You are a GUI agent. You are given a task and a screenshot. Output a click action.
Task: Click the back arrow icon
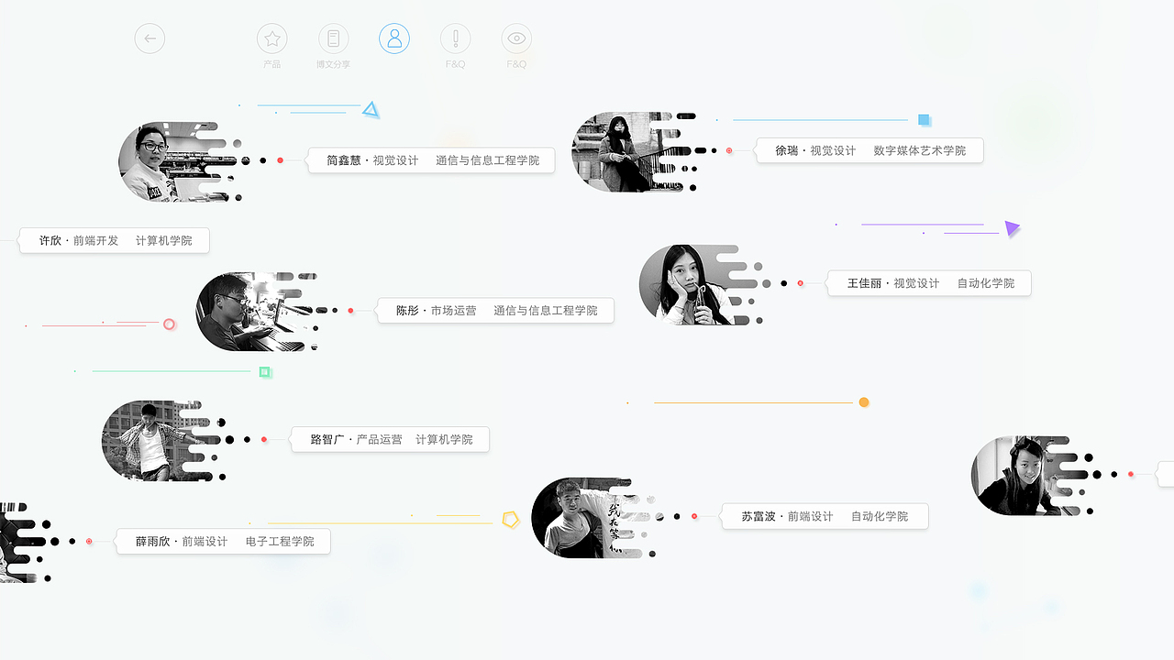[x=150, y=38]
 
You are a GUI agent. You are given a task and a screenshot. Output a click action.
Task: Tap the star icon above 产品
[x=271, y=38]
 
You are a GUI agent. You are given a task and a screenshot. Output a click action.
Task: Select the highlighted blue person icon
[x=394, y=38]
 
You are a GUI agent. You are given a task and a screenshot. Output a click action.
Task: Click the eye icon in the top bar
[x=516, y=38]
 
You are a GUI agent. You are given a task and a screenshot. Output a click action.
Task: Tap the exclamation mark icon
[x=455, y=38]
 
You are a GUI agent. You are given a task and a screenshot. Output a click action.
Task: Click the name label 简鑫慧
[x=431, y=160]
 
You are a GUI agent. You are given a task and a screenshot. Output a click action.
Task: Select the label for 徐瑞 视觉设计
[x=869, y=150]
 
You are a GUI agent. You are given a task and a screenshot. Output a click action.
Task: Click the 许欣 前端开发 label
[x=115, y=241]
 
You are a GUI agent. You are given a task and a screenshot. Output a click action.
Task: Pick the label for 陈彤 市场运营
[x=495, y=311]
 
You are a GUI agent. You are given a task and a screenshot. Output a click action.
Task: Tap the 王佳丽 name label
[x=929, y=283]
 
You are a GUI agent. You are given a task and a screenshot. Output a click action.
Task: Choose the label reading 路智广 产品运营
[x=390, y=440]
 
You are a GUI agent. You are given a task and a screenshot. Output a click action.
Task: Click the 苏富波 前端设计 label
[x=824, y=517]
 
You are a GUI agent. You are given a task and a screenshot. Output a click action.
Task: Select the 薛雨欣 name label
[x=223, y=542]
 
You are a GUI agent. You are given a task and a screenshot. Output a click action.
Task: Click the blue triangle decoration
[x=371, y=110]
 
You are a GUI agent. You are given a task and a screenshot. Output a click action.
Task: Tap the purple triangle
[x=1012, y=228]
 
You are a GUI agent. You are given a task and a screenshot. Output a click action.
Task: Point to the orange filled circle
[x=864, y=402]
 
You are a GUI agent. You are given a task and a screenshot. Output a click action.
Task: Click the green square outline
[x=265, y=372]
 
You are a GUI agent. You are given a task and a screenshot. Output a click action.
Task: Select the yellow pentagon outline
[x=511, y=520]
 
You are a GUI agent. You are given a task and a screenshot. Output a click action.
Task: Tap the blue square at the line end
[x=925, y=120]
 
